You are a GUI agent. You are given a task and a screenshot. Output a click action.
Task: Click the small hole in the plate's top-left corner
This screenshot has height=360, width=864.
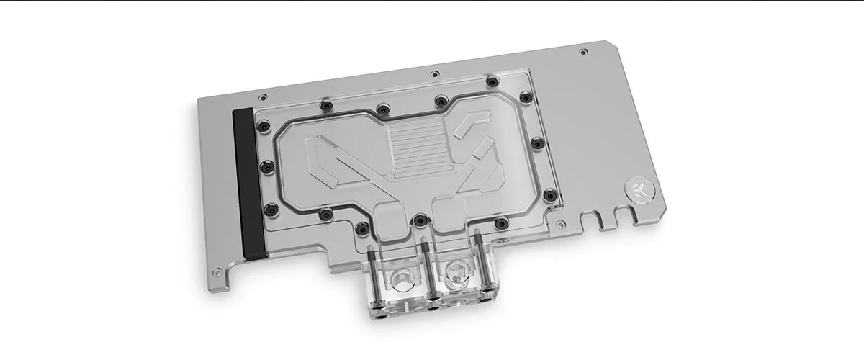pos(264,94)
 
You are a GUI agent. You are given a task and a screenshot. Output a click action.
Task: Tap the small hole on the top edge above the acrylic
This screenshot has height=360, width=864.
pos(433,73)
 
